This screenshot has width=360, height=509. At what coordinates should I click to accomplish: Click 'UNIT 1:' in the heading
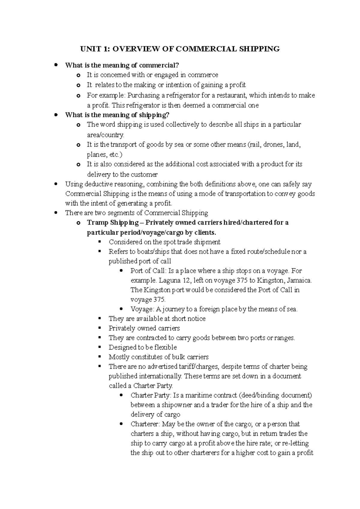[x=91, y=49]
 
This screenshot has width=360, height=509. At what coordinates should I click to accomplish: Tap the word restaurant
[x=229, y=95]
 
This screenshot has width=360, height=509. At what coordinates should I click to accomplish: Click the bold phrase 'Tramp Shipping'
[x=113, y=223]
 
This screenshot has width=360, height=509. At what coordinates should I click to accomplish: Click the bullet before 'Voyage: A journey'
[x=121, y=309]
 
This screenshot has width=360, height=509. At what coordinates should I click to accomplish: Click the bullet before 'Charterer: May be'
[x=121, y=424]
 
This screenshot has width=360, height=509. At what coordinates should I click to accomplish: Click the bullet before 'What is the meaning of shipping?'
[x=55, y=115]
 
